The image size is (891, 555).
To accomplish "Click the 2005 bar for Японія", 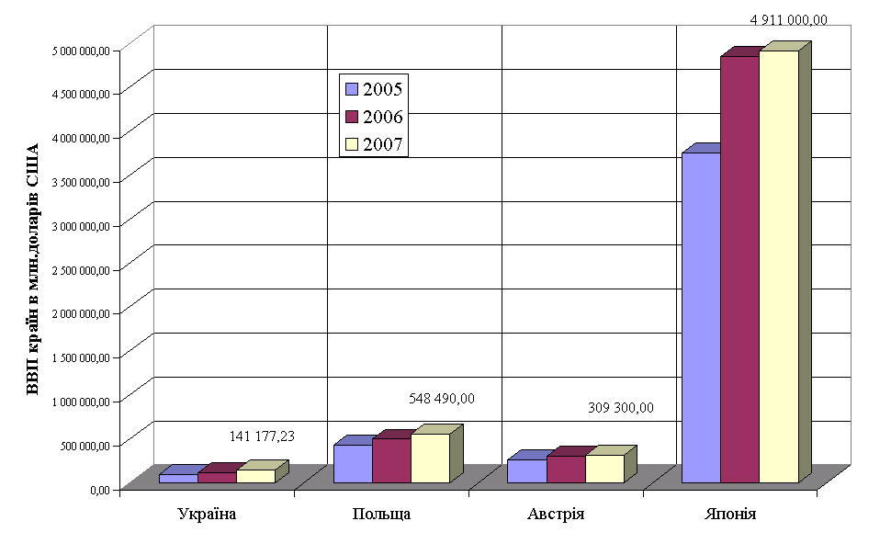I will point(700,317).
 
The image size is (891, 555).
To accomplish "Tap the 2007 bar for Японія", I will point(778,266).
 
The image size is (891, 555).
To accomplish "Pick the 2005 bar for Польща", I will point(352,463).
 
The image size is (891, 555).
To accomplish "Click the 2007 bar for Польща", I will point(430,458).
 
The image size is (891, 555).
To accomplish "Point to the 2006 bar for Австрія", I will point(565,469).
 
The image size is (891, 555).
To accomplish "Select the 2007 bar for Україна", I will point(255,476).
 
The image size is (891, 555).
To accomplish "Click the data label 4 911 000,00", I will point(788,18).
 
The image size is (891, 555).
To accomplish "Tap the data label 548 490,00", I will point(441,398).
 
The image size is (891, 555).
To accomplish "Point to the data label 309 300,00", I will point(620,408).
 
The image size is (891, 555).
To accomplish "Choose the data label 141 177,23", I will point(267,436).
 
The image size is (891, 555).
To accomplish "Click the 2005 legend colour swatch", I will point(351,89).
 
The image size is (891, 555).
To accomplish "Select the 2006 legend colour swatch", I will point(351,117).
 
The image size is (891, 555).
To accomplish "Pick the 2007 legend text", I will point(383,144).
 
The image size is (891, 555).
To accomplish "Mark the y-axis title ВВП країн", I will point(33,268).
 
